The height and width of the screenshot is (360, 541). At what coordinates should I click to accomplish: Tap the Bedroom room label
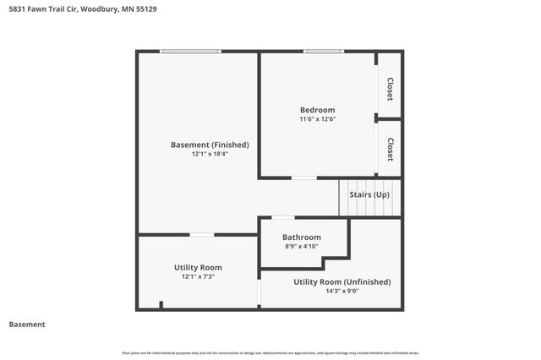[x=317, y=110]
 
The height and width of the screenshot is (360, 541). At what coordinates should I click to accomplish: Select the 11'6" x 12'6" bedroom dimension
[x=317, y=120]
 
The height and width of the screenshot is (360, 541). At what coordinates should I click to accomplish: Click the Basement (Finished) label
[x=198, y=145]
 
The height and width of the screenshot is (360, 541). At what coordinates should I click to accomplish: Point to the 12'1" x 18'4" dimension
[x=198, y=154]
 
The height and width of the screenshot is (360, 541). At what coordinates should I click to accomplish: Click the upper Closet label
[x=390, y=89]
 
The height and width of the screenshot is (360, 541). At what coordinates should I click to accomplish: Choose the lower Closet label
[x=390, y=149]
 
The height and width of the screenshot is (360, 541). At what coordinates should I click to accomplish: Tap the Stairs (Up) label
[x=369, y=195]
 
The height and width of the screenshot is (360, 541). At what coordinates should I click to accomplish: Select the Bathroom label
[x=302, y=237]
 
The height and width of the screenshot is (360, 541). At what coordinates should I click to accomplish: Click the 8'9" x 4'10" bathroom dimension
[x=302, y=247]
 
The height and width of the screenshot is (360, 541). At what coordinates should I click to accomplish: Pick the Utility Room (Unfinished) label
[x=342, y=281]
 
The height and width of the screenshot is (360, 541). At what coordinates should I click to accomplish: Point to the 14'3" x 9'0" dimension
[x=342, y=292]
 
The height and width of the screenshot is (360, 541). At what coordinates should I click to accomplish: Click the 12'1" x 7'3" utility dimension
[x=198, y=276]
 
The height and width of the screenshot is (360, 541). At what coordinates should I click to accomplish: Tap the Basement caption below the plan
[x=26, y=325]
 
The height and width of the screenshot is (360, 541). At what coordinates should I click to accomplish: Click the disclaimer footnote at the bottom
[x=270, y=352]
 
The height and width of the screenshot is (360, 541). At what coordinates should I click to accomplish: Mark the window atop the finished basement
[x=191, y=52]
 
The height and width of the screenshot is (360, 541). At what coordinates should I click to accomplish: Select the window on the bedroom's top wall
[x=318, y=52]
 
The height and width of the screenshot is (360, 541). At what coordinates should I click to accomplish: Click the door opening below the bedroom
[x=303, y=177]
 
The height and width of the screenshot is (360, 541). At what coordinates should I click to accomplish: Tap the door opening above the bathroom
[x=283, y=218]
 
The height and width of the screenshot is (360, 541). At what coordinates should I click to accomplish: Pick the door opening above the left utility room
[x=201, y=234]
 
